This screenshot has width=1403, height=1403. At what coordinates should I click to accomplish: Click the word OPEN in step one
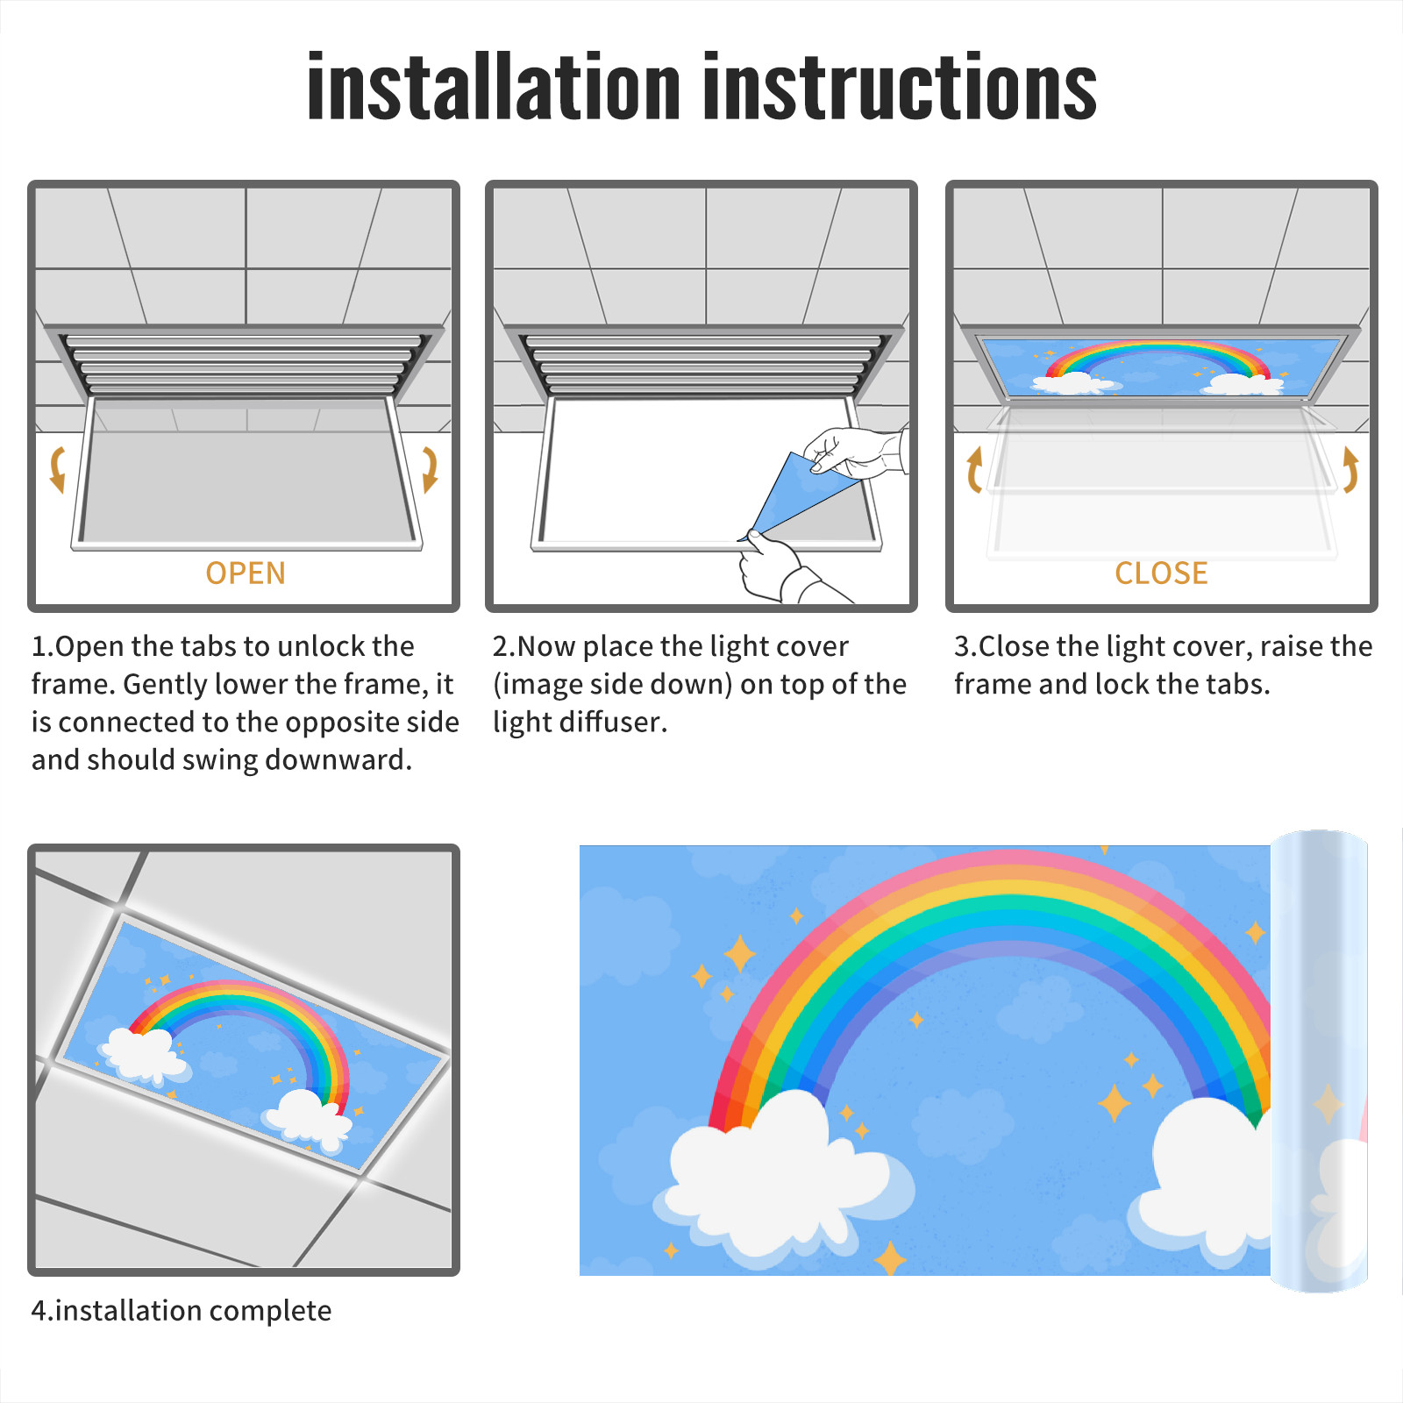click(246, 573)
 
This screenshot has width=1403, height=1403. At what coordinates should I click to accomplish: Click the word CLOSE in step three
click(1161, 573)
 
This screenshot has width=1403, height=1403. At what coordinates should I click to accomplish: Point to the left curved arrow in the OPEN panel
click(57, 469)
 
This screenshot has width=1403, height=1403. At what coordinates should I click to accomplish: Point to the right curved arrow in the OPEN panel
click(430, 469)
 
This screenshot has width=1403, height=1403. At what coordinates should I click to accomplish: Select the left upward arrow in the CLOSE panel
click(974, 469)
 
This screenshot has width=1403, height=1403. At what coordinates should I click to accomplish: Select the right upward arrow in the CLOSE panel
click(1350, 469)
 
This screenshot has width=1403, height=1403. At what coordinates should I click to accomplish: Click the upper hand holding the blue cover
click(855, 452)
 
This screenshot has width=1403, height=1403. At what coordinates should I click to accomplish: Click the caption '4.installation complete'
click(182, 1311)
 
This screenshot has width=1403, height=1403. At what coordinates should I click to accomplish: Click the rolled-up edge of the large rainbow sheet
click(1319, 1061)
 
